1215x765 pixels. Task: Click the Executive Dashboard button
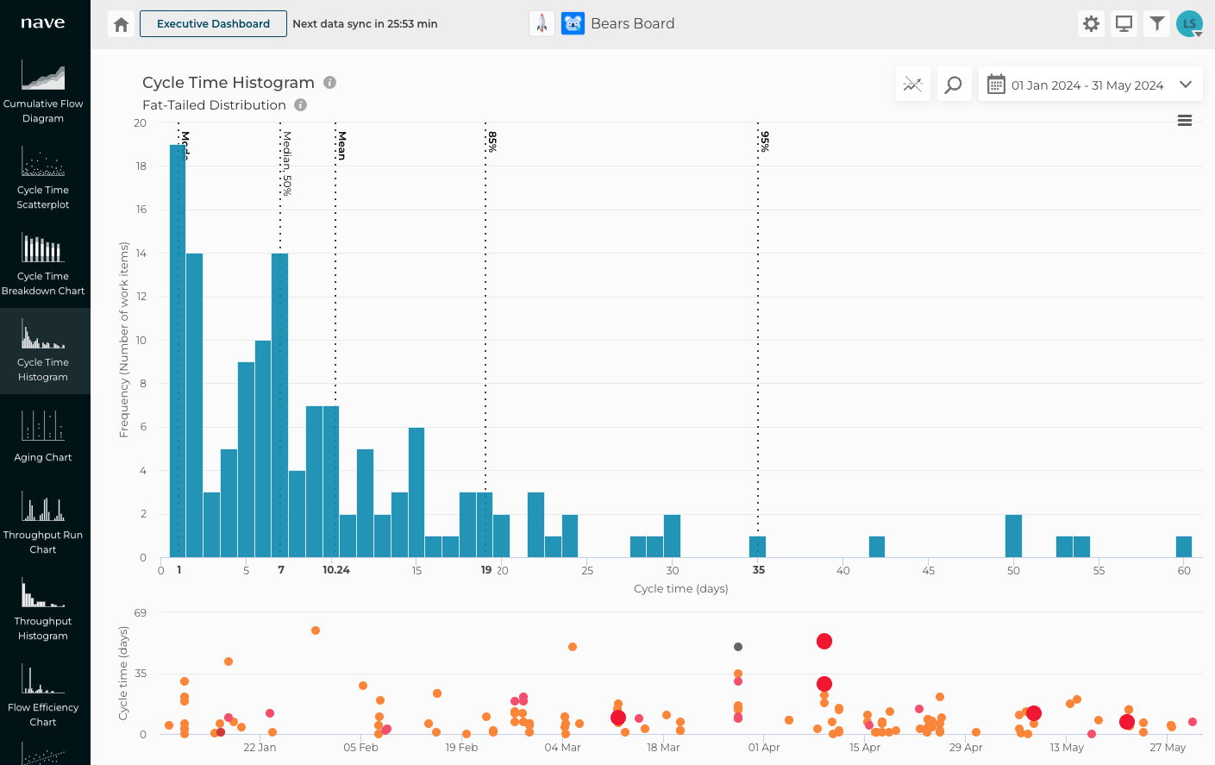pyautogui.click(x=213, y=24)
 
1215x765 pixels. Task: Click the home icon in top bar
pyautogui.click(x=122, y=24)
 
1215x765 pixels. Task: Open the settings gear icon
pyautogui.click(x=1091, y=24)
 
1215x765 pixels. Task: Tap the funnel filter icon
pyautogui.click(x=1157, y=24)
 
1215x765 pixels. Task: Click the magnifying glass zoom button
pyautogui.click(x=954, y=85)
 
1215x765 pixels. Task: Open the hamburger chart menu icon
pyautogui.click(x=1185, y=121)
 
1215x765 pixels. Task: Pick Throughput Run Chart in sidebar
pyautogui.click(x=43, y=523)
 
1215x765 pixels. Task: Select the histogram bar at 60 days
pyautogui.click(x=1184, y=547)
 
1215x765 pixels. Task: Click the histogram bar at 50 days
pyautogui.click(x=1013, y=536)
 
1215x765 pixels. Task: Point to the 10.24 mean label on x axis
pyautogui.click(x=336, y=570)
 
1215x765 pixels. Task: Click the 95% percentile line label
pyautogui.click(x=765, y=141)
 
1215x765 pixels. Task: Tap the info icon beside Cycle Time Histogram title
pyautogui.click(x=329, y=83)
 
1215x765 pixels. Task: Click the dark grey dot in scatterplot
pyautogui.click(x=738, y=647)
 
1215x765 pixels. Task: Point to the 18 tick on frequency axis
pyautogui.click(x=141, y=166)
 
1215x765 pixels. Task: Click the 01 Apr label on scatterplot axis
pyautogui.click(x=764, y=748)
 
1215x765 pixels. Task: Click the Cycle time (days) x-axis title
pyautogui.click(x=680, y=589)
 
